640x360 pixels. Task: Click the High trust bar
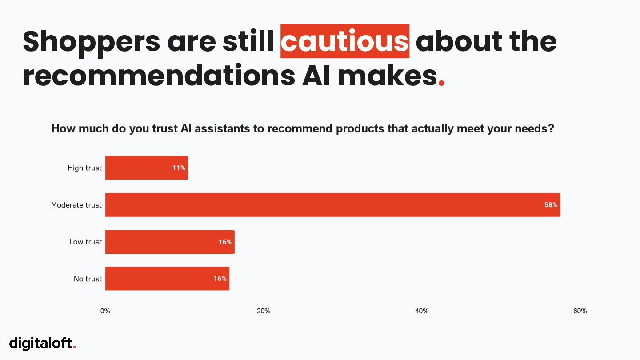[147, 168]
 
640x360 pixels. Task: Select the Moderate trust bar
[332, 205]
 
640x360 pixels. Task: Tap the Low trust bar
[170, 242]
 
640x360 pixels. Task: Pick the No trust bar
[167, 279]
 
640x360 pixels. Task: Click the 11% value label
[179, 168]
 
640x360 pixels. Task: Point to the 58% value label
[551, 205]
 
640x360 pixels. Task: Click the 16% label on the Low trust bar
[225, 242]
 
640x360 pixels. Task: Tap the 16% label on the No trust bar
[220, 279]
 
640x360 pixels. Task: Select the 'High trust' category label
[84, 168]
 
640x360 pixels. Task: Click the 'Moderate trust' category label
[76, 205]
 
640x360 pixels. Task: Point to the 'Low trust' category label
[85, 242]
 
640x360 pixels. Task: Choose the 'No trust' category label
[88, 279]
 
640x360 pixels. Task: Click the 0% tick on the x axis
[105, 311]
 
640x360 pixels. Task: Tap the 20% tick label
[264, 311]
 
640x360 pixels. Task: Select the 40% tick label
[422, 311]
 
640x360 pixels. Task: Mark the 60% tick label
[580, 311]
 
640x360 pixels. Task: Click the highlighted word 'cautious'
[345, 41]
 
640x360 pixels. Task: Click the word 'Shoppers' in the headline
[91, 41]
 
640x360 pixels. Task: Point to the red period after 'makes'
[441, 83]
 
